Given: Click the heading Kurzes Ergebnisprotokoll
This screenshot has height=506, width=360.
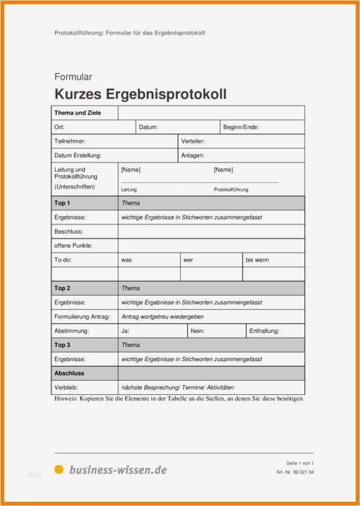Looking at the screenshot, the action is tap(140, 94).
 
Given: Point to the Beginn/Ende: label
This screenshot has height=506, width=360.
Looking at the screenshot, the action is tap(241, 127).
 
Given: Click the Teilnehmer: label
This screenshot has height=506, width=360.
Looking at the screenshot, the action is tap(70, 141).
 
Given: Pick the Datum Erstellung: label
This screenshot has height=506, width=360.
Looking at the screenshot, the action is tap(77, 156).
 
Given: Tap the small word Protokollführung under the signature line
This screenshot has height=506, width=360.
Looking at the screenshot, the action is tap(231, 190).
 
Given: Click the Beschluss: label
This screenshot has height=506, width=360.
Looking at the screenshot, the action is tap(68, 232).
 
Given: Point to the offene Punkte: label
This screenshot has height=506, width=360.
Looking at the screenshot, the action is tap(73, 246).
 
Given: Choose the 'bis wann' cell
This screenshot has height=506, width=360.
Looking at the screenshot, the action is tap(257, 260).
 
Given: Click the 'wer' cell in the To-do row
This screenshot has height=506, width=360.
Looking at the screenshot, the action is tap(188, 260).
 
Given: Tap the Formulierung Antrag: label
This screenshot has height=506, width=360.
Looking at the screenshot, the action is tap(82, 317).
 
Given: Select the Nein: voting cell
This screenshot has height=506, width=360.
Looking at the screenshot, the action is tap(198, 331).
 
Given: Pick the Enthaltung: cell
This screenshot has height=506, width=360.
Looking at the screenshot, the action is tap(264, 331).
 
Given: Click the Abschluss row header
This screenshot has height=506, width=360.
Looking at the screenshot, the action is tap(69, 374).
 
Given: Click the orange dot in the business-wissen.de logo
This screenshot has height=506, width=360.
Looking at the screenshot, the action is tap(59, 469).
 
